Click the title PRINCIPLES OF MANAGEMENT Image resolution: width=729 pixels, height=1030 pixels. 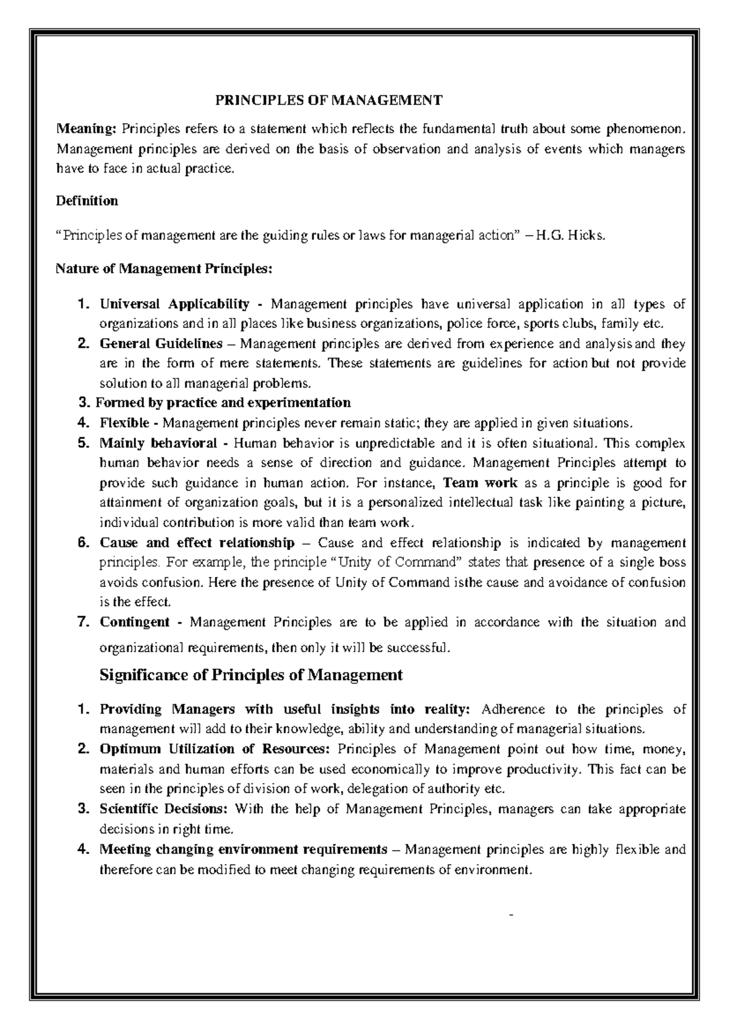click(330, 100)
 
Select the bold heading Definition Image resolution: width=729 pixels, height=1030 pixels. click(87, 201)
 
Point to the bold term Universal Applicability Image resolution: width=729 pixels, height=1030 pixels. click(175, 304)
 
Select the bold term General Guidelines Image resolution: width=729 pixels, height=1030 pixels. click(162, 344)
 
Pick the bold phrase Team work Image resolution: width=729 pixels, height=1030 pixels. click(481, 483)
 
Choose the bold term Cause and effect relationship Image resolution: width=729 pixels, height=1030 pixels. click(197, 542)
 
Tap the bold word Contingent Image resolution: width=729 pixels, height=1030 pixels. click(135, 622)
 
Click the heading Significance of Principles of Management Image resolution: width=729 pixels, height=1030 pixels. click(251, 675)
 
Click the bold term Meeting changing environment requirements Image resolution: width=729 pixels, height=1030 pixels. click(243, 849)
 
